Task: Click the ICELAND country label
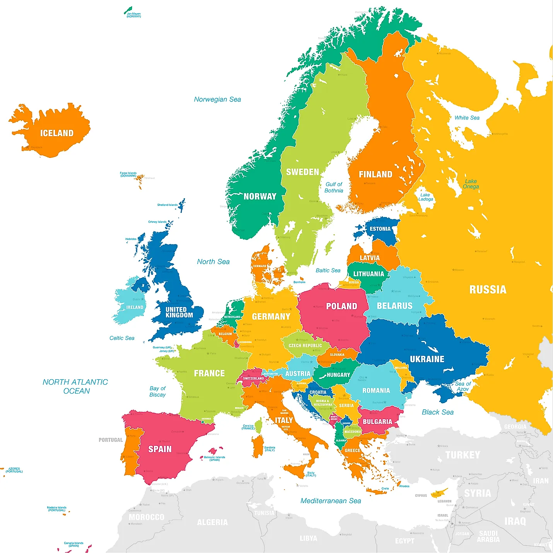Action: (57, 133)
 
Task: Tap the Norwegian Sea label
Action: (217, 99)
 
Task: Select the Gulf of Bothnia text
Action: (334, 187)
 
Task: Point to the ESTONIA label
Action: (380, 229)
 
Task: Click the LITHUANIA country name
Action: (369, 274)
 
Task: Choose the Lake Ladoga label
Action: (426, 197)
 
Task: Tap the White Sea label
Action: (467, 118)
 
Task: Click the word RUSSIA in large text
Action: (488, 289)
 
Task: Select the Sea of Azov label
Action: (463, 386)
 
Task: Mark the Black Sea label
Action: (438, 412)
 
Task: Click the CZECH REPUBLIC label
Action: (305, 346)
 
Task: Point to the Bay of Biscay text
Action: (157, 391)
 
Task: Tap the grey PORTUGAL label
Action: (111, 440)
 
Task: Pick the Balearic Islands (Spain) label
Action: (215, 459)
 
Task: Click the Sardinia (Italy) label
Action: (270, 449)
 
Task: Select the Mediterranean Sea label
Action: (331, 501)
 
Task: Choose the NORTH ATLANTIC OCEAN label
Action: (75, 386)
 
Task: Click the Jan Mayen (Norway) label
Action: (134, 15)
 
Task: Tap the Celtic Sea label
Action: (122, 338)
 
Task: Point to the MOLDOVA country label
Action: (401, 368)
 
